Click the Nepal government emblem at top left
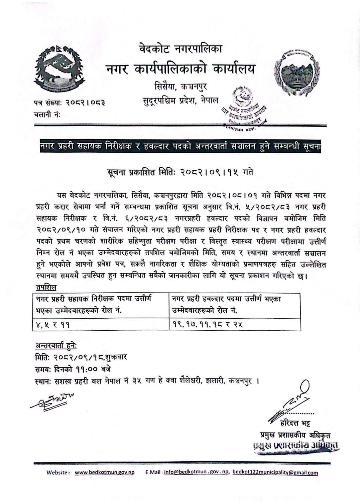coord(59,69)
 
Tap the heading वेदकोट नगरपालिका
coord(181,49)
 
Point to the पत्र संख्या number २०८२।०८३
coord(85,103)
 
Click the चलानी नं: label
coord(47,115)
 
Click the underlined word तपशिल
coord(46,287)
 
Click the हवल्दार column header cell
coord(234,304)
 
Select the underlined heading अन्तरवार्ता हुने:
coord(56,346)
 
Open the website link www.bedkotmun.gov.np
coord(104,473)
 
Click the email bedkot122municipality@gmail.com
coord(275,473)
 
